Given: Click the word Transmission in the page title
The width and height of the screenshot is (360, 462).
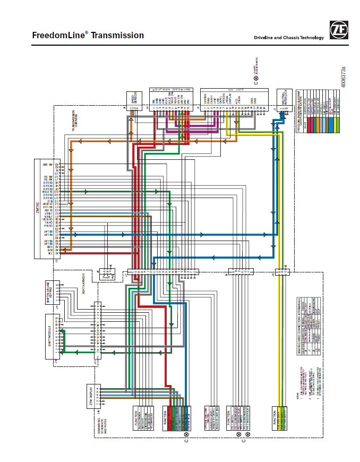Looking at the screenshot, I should pos(117,36).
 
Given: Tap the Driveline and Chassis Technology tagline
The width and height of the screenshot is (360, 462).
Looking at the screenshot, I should pos(288,38).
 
